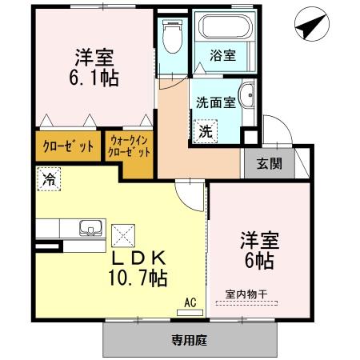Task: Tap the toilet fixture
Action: [170, 34]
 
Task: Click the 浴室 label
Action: [222, 55]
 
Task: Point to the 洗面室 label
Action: [214, 102]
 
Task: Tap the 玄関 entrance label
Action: [267, 163]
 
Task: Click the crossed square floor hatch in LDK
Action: [124, 235]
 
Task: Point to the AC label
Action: [190, 302]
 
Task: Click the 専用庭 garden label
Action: [189, 340]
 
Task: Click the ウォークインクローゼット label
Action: [128, 147]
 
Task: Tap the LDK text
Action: [138, 258]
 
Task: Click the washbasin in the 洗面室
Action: [247, 94]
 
